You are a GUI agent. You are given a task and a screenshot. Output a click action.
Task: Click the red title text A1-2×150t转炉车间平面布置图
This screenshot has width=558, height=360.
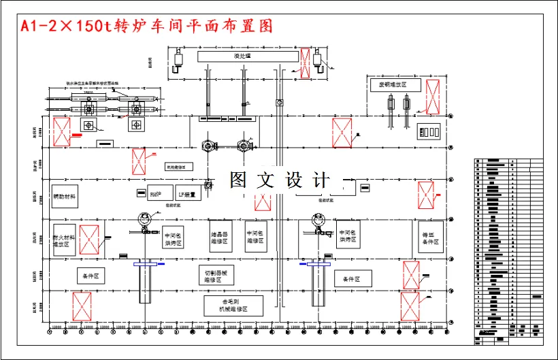point(146,26)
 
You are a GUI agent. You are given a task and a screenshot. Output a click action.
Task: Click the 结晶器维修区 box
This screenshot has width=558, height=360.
point(220,236)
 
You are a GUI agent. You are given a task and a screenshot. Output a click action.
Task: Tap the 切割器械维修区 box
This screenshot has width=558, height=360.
point(214,276)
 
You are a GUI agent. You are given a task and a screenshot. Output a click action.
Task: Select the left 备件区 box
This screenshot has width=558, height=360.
point(90,276)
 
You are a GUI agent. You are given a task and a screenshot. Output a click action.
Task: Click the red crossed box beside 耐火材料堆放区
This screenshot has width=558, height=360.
point(89,240)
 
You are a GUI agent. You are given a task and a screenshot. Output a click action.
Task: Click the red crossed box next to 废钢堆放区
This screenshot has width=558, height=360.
point(432,96)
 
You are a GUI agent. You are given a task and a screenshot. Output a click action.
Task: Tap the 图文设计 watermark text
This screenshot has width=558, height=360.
point(279,180)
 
